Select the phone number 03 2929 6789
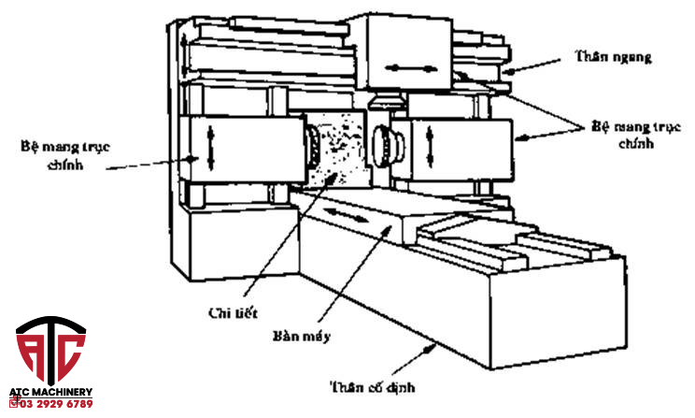pos(53,404)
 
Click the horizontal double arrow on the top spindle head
pos(404,67)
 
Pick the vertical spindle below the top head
pos(378,102)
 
